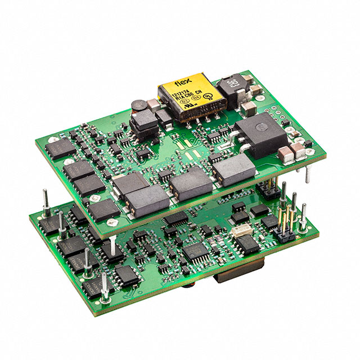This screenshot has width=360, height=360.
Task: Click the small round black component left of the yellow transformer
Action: tap(138, 106)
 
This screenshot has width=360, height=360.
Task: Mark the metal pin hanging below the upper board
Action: tap(308, 175)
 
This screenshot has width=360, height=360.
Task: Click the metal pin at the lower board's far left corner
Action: tap(43, 200)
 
